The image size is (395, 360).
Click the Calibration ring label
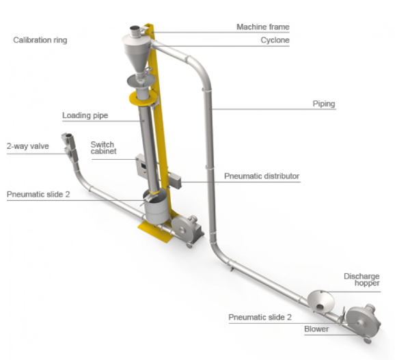[40, 40]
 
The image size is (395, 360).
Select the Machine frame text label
[263, 27]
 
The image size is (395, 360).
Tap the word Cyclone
[275, 40]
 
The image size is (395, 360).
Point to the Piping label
[324, 104]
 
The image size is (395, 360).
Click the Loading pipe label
[85, 115]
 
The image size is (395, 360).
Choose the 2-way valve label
[28, 146]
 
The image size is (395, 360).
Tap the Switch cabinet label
[104, 148]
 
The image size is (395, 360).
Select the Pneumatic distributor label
[262, 176]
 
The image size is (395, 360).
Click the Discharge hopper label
[362, 279]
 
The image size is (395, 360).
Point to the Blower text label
[316, 329]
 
